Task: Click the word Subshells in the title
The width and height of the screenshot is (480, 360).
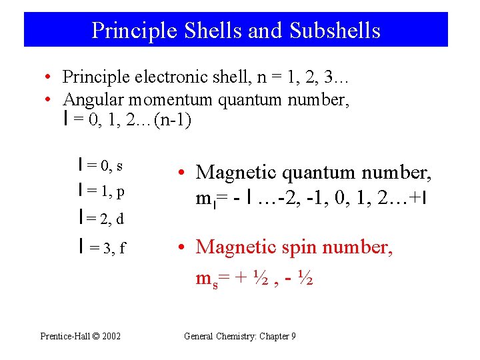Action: [335, 30]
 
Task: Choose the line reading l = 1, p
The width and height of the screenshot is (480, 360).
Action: [101, 192]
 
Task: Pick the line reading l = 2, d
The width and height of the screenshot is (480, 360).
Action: [101, 218]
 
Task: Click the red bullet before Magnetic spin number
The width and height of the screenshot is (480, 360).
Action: [181, 247]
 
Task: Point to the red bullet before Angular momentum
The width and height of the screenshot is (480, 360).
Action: [49, 101]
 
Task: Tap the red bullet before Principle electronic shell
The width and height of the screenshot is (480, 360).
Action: [49, 77]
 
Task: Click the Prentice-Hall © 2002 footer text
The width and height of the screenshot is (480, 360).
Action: [80, 337]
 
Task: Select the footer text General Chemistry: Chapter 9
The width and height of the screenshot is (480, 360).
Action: [239, 337]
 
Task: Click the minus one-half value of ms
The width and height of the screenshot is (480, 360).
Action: [297, 277]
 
